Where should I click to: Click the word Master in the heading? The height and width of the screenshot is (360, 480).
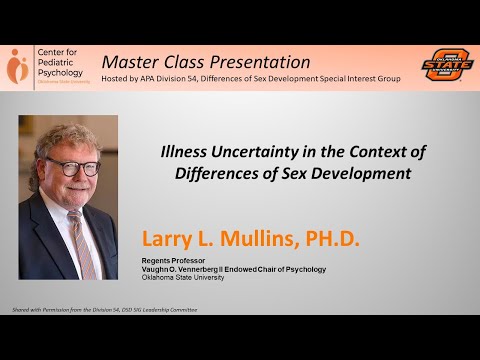pyautogui.click(x=131, y=61)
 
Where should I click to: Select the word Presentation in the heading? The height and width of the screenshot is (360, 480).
pyautogui.click(x=259, y=61)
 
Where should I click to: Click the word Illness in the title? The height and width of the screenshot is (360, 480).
pyautogui.click(x=186, y=151)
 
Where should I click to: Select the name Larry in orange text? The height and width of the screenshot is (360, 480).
pyautogui.click(x=171, y=240)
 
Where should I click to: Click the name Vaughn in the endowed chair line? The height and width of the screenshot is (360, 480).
pyautogui.click(x=160, y=269)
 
